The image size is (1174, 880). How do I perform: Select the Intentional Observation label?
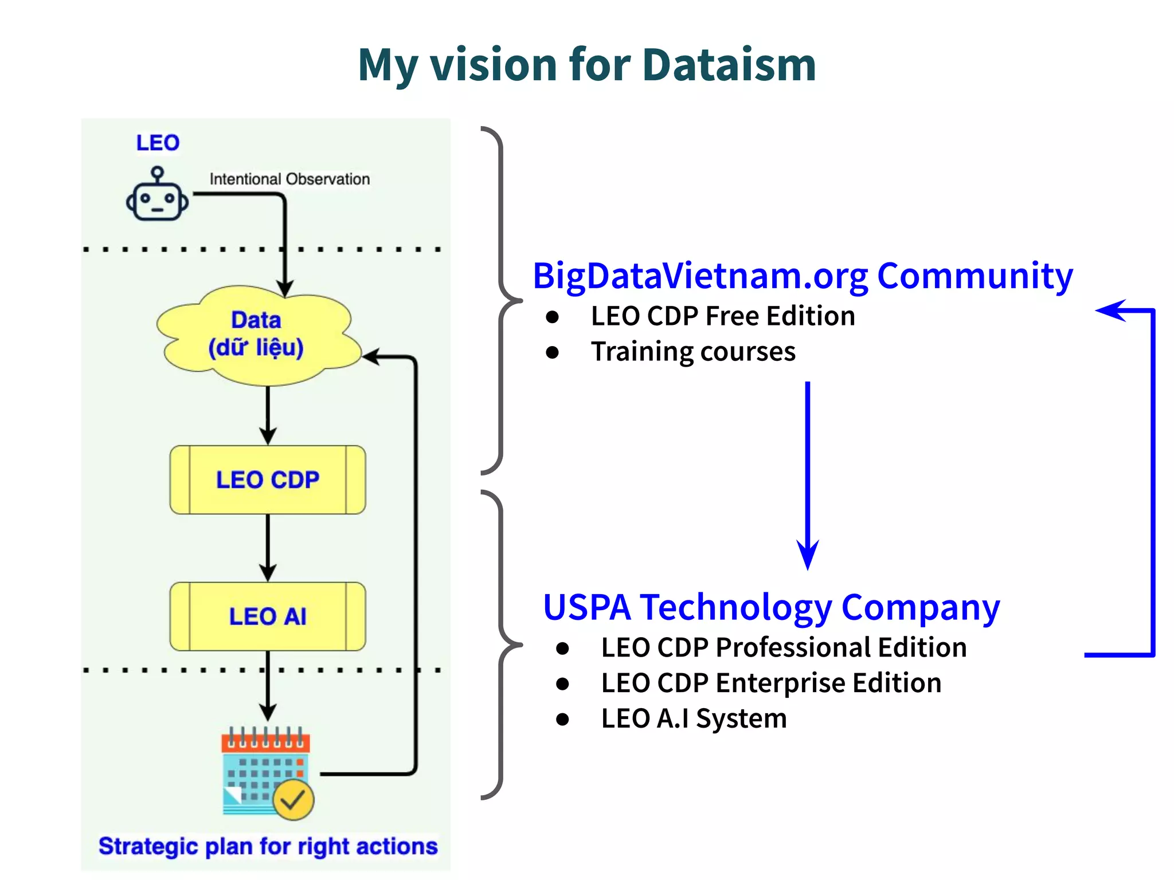(x=289, y=179)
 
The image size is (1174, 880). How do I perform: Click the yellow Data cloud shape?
(x=256, y=335)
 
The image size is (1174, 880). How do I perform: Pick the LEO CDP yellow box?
(x=268, y=480)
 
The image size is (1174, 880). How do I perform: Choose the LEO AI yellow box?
(x=268, y=617)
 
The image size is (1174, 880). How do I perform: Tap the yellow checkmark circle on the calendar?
(x=293, y=799)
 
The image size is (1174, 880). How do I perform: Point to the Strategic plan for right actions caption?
(x=268, y=846)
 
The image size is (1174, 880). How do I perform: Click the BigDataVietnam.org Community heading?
(x=803, y=276)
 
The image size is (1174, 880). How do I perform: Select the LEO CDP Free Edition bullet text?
(x=722, y=316)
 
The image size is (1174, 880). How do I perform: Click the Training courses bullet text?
(x=692, y=352)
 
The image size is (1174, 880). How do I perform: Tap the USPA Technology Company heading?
(x=771, y=607)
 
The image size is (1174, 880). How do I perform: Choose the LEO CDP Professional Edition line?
(x=783, y=647)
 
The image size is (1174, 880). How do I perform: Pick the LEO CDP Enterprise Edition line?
(x=770, y=683)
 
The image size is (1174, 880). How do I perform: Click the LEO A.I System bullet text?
(x=694, y=718)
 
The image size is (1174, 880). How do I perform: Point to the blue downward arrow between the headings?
(x=807, y=476)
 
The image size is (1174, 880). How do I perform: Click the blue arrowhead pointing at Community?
(x=1110, y=311)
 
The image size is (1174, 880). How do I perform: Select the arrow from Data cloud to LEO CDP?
(x=268, y=415)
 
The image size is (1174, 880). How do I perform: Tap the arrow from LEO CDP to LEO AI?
(x=268, y=548)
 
